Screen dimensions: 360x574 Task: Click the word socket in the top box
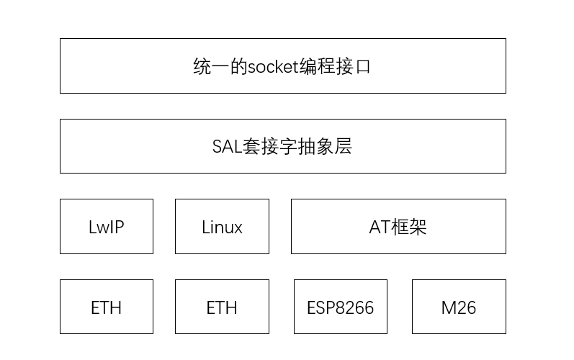coord(274,67)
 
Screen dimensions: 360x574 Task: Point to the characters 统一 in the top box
coord(212,67)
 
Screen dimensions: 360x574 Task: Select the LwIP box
coord(107,227)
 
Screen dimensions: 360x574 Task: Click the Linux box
coord(222,227)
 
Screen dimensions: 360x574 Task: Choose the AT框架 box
coord(398,227)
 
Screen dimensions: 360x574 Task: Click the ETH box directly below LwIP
coord(107,307)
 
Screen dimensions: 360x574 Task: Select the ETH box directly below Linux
coord(222,307)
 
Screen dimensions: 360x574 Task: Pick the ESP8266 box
coord(341,307)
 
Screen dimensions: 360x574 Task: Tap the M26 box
coord(459,307)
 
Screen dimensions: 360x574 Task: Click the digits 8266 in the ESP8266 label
coord(354,308)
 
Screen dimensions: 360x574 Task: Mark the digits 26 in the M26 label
coord(467,308)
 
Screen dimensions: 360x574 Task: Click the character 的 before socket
coord(239,67)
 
